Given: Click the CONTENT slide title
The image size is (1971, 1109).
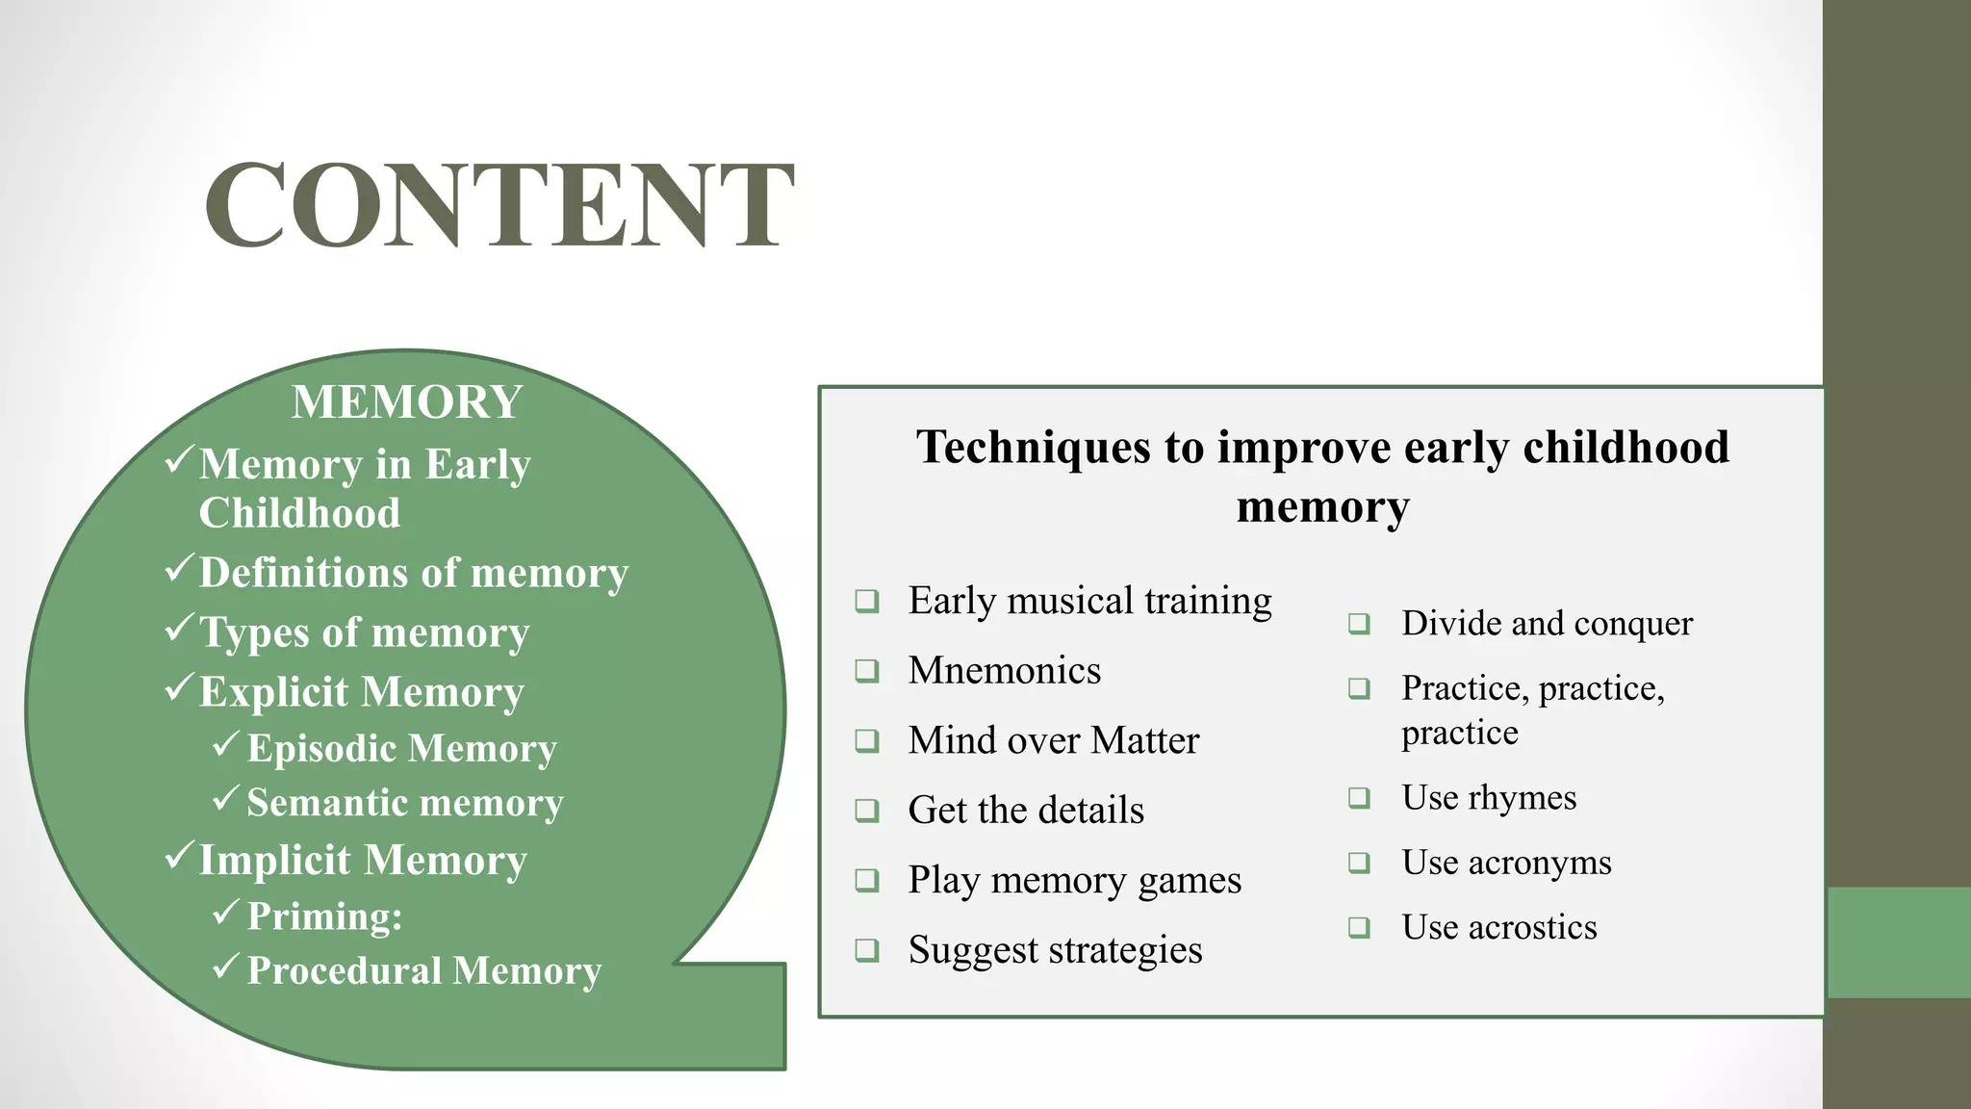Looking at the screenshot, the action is point(499,206).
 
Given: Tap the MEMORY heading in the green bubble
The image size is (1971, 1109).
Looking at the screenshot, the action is point(406,402).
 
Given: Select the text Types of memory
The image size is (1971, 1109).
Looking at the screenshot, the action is point(364,633).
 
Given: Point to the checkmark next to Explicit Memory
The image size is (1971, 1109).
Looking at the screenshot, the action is point(180,687).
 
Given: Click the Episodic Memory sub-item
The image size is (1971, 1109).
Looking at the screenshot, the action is point(401,749).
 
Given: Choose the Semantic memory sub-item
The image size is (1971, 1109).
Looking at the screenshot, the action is point(404,803).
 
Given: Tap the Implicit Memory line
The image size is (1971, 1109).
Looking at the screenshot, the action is point(362,860).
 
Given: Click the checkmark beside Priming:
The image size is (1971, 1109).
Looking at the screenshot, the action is point(226,912).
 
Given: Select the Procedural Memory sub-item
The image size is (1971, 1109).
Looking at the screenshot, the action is point(423,970).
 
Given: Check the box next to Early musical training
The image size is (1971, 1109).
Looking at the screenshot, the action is point(867,602).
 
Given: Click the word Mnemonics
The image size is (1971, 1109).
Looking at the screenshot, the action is point(1004,671).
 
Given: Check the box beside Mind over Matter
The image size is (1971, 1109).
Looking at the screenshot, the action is point(867,740).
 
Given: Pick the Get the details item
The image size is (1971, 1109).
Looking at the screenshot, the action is point(1026,811).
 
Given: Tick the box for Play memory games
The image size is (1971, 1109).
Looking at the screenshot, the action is point(867,880).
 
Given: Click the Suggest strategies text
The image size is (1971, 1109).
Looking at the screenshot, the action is point(1055,950).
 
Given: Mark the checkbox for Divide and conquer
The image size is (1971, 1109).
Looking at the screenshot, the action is point(1359,624).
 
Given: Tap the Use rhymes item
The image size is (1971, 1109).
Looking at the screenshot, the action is point(1488,798).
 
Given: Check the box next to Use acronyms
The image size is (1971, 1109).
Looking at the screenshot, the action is point(1359,863).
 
